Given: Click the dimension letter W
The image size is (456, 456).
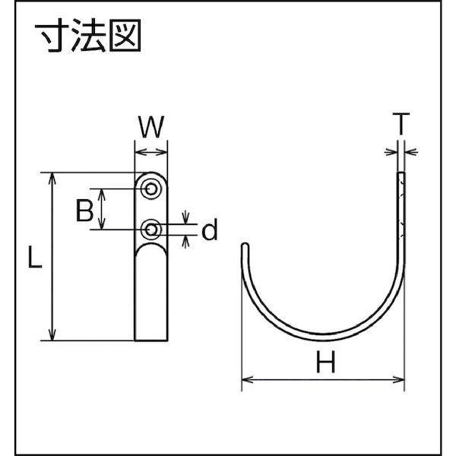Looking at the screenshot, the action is pos(151,127).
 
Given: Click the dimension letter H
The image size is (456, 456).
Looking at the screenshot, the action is pos(325,366).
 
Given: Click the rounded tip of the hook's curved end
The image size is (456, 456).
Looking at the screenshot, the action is pos(245,247).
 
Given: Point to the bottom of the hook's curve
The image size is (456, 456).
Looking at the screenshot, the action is pos(323,335).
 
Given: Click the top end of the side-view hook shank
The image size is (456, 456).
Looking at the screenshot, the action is pos(401,174).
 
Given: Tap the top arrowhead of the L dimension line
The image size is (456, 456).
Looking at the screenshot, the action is pos(52,177).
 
